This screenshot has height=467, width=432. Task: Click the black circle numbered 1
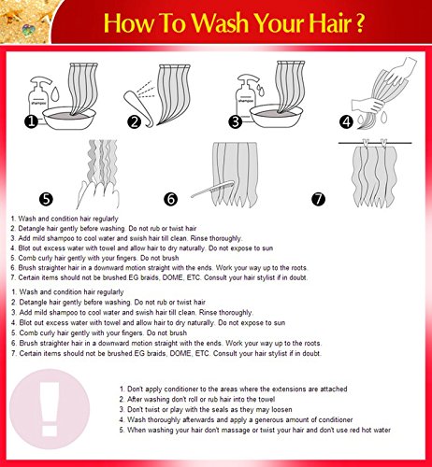pyautogui.click(x=31, y=121)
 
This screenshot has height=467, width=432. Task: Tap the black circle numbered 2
pyautogui.click(x=135, y=121)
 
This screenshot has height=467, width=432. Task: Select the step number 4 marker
pyautogui.click(x=347, y=121)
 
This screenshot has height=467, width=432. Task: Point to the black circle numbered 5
pyautogui.click(x=46, y=199)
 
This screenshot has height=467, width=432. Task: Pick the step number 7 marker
pyautogui.click(x=318, y=199)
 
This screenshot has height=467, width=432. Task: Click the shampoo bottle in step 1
pyautogui.click(x=38, y=96)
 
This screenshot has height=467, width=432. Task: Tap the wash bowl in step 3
pyautogui.click(x=277, y=116)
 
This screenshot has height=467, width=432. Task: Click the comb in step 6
pyautogui.click(x=212, y=189)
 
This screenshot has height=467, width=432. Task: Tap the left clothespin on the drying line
pyautogui.click(x=366, y=143)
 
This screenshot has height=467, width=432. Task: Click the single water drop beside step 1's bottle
pyautogui.click(x=55, y=93)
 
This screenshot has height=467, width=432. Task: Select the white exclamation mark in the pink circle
pyautogui.click(x=50, y=408)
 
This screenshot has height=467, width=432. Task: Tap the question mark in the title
pyautogui.click(x=359, y=22)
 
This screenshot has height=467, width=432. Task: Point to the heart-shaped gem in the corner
pyautogui.click(x=29, y=30)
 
